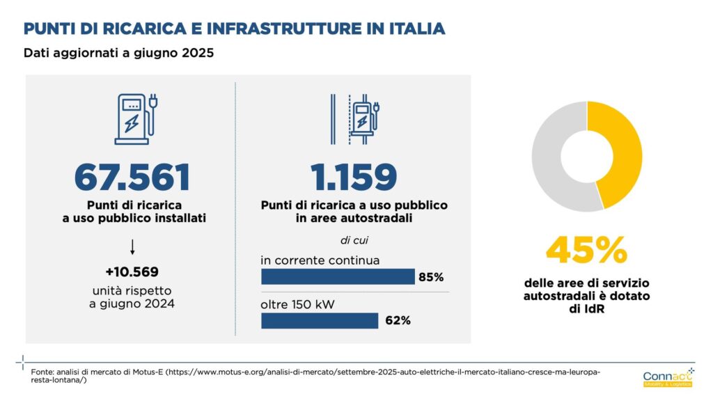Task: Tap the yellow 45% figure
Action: [586, 251]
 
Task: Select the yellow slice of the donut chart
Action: [623, 150]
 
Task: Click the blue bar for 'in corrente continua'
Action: [337, 277]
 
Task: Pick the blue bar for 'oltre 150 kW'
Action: [319, 320]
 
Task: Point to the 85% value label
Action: [430, 277]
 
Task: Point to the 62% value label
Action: [397, 320]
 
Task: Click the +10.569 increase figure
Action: [132, 271]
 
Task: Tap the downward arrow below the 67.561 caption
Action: [132, 246]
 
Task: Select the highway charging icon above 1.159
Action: [355, 118]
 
